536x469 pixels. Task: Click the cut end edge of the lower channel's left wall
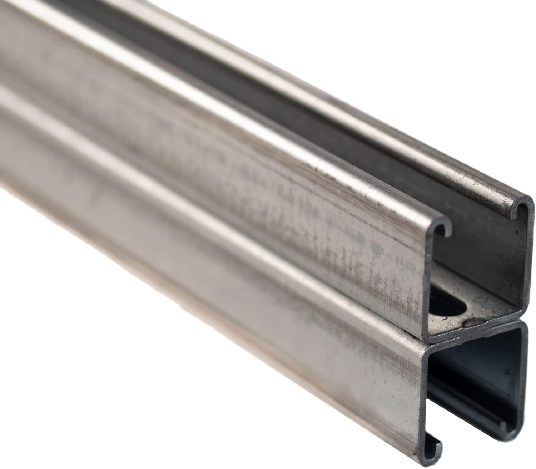(425, 392)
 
